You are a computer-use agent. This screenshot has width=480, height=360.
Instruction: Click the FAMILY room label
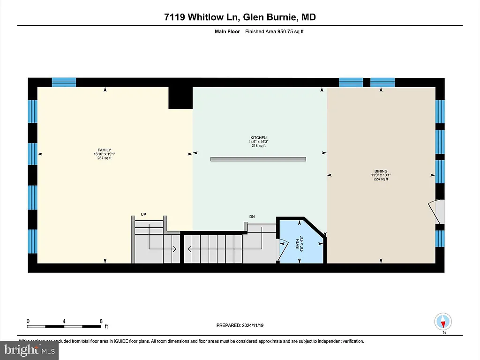105,150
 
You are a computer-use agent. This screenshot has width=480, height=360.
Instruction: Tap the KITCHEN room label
258,138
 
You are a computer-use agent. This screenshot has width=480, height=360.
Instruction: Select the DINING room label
381,171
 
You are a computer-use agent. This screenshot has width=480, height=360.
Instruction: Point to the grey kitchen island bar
258,159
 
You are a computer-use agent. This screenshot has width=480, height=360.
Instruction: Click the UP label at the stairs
143,215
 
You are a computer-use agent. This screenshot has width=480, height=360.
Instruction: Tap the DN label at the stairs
252,217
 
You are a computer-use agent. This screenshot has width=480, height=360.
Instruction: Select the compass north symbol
443,322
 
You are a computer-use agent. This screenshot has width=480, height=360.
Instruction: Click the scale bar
64,326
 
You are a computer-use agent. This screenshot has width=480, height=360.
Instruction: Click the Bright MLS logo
29,350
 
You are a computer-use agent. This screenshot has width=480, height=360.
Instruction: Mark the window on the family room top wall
64,82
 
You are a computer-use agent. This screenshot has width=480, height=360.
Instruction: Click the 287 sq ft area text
105,158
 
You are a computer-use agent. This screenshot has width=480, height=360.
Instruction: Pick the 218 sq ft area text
258,146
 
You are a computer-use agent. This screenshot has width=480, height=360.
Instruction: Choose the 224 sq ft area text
381,179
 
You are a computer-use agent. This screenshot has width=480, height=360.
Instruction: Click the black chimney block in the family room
180,97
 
